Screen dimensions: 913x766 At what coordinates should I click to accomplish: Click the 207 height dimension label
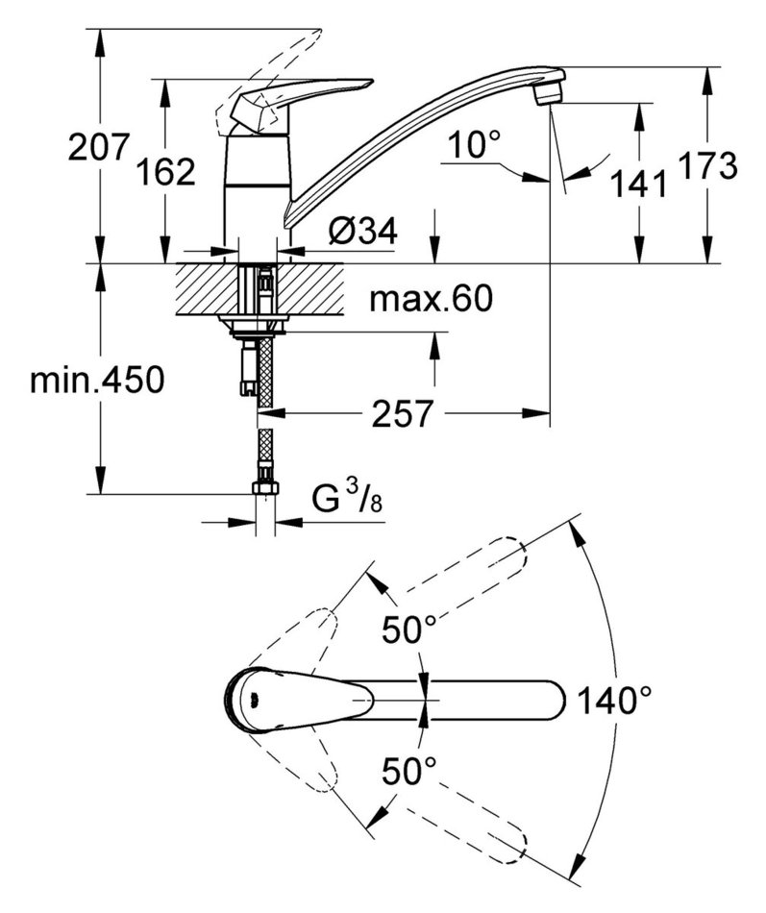(x=98, y=149)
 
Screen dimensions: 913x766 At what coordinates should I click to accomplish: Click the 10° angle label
(x=473, y=146)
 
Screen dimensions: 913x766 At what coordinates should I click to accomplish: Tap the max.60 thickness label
(x=431, y=300)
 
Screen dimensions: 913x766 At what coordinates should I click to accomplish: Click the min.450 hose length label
(x=97, y=381)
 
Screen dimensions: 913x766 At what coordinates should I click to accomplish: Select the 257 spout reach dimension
(x=401, y=414)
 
